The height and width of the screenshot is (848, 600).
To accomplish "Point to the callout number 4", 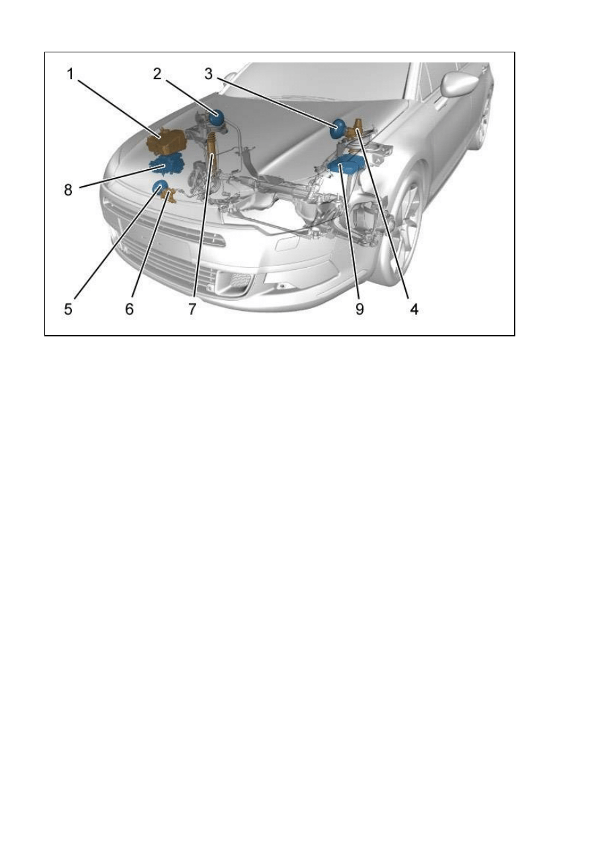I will tap(415, 310).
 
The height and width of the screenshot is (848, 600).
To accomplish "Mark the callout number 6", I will tap(129, 310).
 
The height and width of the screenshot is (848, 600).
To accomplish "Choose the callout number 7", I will tap(193, 310).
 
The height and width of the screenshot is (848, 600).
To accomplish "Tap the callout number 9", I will tap(359, 310).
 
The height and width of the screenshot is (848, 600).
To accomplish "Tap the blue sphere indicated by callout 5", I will tap(160, 188).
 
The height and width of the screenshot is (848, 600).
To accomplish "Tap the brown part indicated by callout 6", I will tap(170, 197).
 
